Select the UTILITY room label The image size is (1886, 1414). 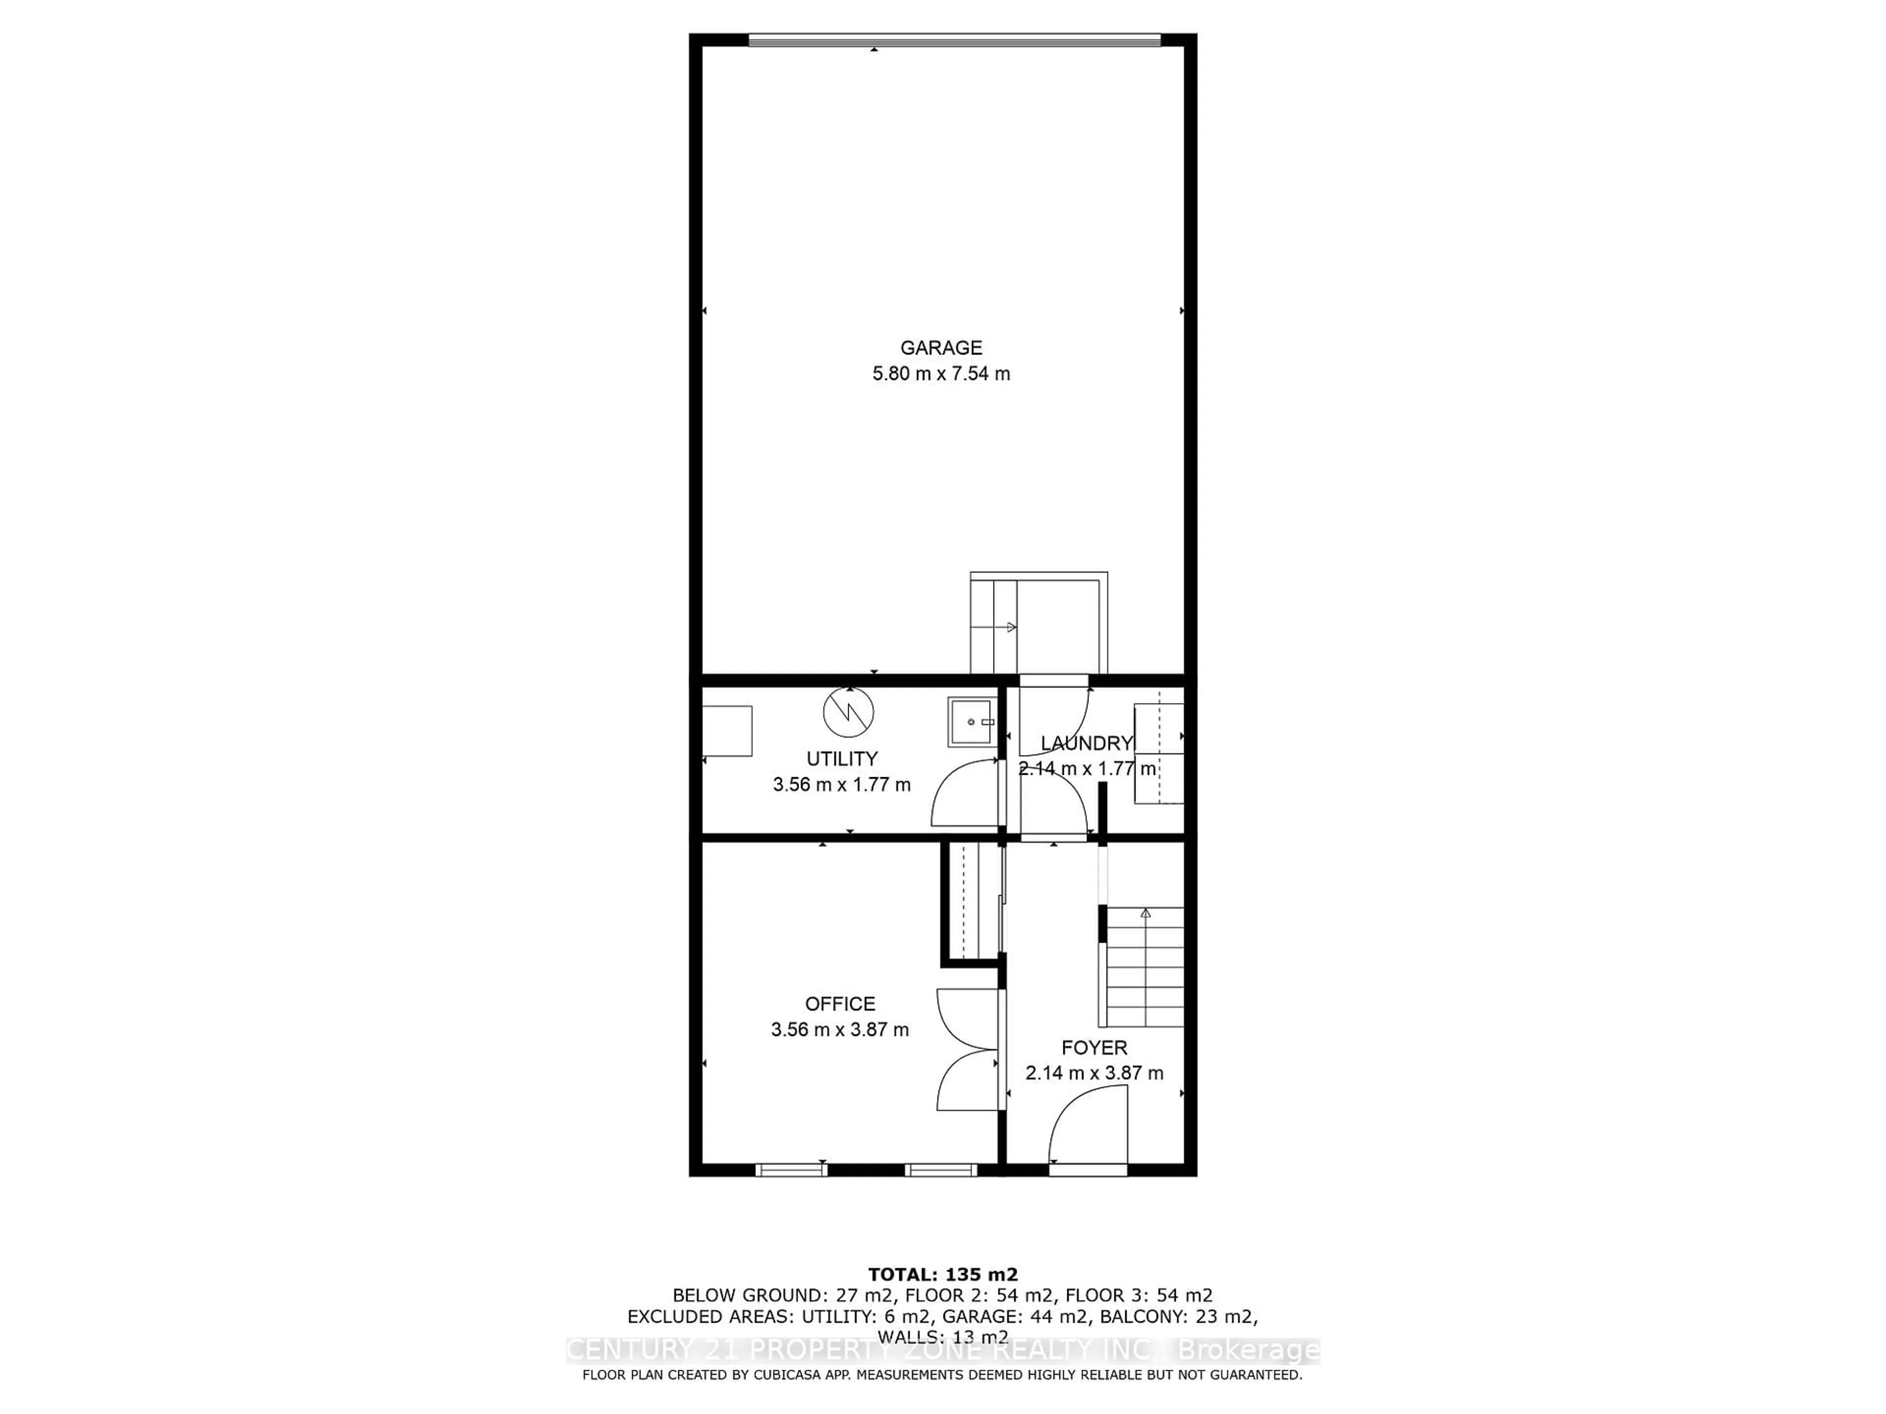(x=841, y=759)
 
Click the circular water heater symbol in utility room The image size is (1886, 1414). (x=848, y=712)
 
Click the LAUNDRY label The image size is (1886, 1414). (x=1086, y=743)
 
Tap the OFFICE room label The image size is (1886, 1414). (x=840, y=1004)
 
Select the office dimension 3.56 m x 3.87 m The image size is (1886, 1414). (x=840, y=1030)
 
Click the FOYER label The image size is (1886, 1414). (x=1094, y=1048)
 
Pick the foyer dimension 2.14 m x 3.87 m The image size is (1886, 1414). (x=1094, y=1073)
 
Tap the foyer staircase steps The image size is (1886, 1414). (x=1145, y=967)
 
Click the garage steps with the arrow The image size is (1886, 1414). (x=993, y=627)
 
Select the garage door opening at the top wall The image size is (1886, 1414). (x=954, y=39)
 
